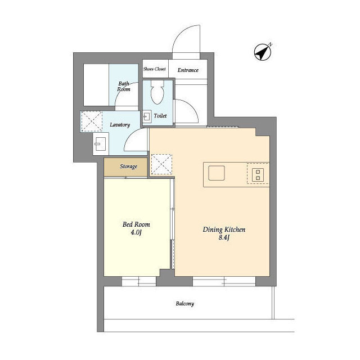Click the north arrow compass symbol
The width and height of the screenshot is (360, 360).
[x=263, y=52]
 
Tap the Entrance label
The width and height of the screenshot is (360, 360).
[x=188, y=70]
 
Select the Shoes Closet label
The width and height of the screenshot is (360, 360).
[x=155, y=69]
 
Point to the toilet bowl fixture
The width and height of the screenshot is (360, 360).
[x=157, y=92]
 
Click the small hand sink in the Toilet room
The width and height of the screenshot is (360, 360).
[x=147, y=116]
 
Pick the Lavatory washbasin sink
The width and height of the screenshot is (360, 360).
[x=101, y=144]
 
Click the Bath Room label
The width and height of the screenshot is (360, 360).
[x=124, y=86]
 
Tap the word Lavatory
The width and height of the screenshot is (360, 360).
[x=120, y=125]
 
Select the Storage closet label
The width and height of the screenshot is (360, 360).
[x=128, y=166]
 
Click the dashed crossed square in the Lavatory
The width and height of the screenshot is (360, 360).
[x=92, y=121]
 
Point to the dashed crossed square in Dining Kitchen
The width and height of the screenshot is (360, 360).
[x=161, y=164]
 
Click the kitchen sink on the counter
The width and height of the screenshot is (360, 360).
[x=217, y=173]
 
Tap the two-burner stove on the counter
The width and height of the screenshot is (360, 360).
[x=258, y=175]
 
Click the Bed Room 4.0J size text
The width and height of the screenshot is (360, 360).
[x=136, y=232]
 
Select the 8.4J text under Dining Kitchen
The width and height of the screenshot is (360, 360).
[x=224, y=237]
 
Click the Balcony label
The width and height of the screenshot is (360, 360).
[x=185, y=304]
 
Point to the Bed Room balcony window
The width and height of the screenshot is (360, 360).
[x=139, y=281]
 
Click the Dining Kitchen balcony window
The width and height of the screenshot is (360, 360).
[x=224, y=281]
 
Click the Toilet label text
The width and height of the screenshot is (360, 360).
[x=160, y=116]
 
